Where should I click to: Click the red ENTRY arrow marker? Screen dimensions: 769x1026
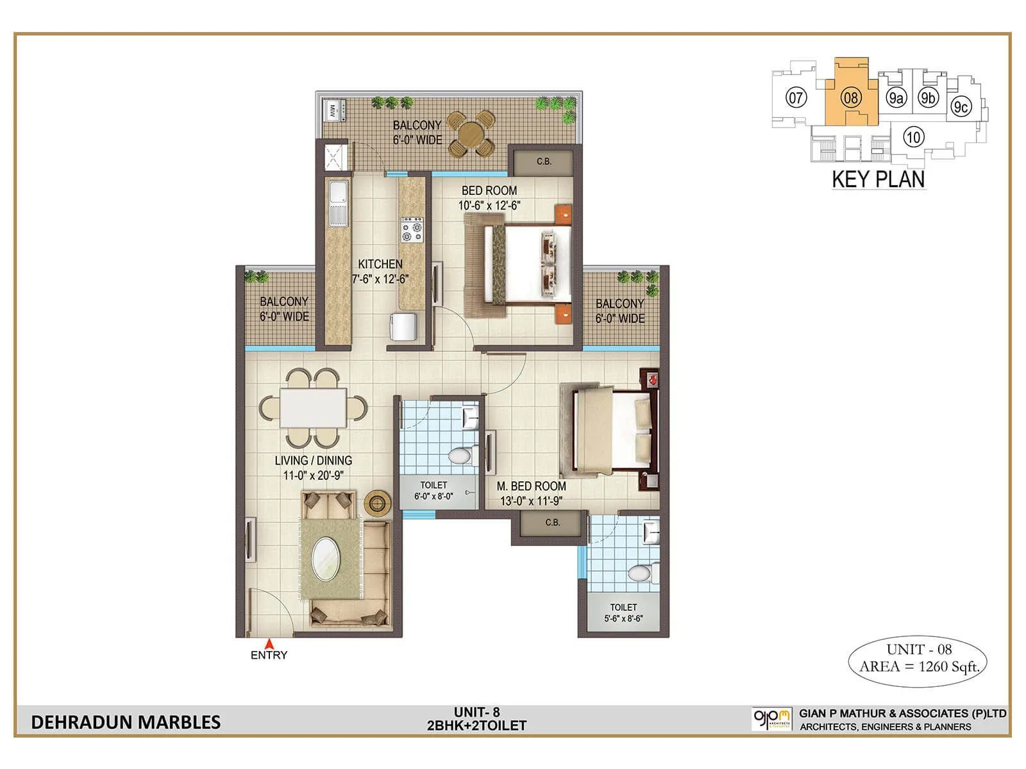pyautogui.click(x=270, y=643)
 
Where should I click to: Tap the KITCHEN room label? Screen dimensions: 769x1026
pyautogui.click(x=380, y=264)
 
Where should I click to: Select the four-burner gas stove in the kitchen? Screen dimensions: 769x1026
pyautogui.click(x=412, y=229)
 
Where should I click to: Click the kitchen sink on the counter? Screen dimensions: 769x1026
pyautogui.click(x=338, y=204)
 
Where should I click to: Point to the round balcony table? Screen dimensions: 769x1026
pyautogui.click(x=471, y=133)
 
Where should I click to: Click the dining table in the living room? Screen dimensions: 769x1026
pyautogui.click(x=313, y=408)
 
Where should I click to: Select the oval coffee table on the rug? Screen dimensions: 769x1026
pyautogui.click(x=326, y=558)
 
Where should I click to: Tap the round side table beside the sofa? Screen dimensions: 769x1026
pyautogui.click(x=377, y=503)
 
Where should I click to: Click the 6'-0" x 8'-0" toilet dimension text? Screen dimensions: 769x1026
pyautogui.click(x=433, y=496)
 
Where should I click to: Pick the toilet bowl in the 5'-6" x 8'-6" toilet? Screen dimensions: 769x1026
pyautogui.click(x=639, y=572)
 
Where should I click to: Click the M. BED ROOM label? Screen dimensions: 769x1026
pyautogui.click(x=532, y=486)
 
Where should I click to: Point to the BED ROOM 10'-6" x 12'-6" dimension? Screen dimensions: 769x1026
pyautogui.click(x=489, y=206)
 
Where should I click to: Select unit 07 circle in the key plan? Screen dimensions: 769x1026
pyautogui.click(x=796, y=98)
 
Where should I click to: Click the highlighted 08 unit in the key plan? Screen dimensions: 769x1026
pyautogui.click(x=851, y=98)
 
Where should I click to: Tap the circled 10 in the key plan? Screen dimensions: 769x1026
pyautogui.click(x=913, y=136)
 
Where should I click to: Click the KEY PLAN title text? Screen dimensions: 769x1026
pyautogui.click(x=879, y=179)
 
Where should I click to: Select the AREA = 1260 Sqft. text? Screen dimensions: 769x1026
pyautogui.click(x=919, y=666)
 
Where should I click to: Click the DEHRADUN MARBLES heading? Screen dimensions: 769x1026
pyautogui.click(x=126, y=722)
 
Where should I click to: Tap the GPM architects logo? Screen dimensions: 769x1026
pyautogui.click(x=771, y=718)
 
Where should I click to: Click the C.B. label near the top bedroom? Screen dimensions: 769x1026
pyautogui.click(x=544, y=161)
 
